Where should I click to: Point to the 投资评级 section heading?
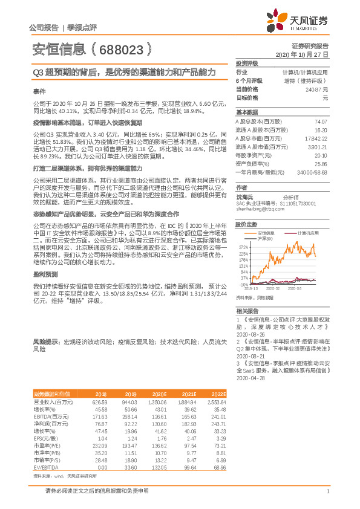pyautogui.click(x=246, y=63)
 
